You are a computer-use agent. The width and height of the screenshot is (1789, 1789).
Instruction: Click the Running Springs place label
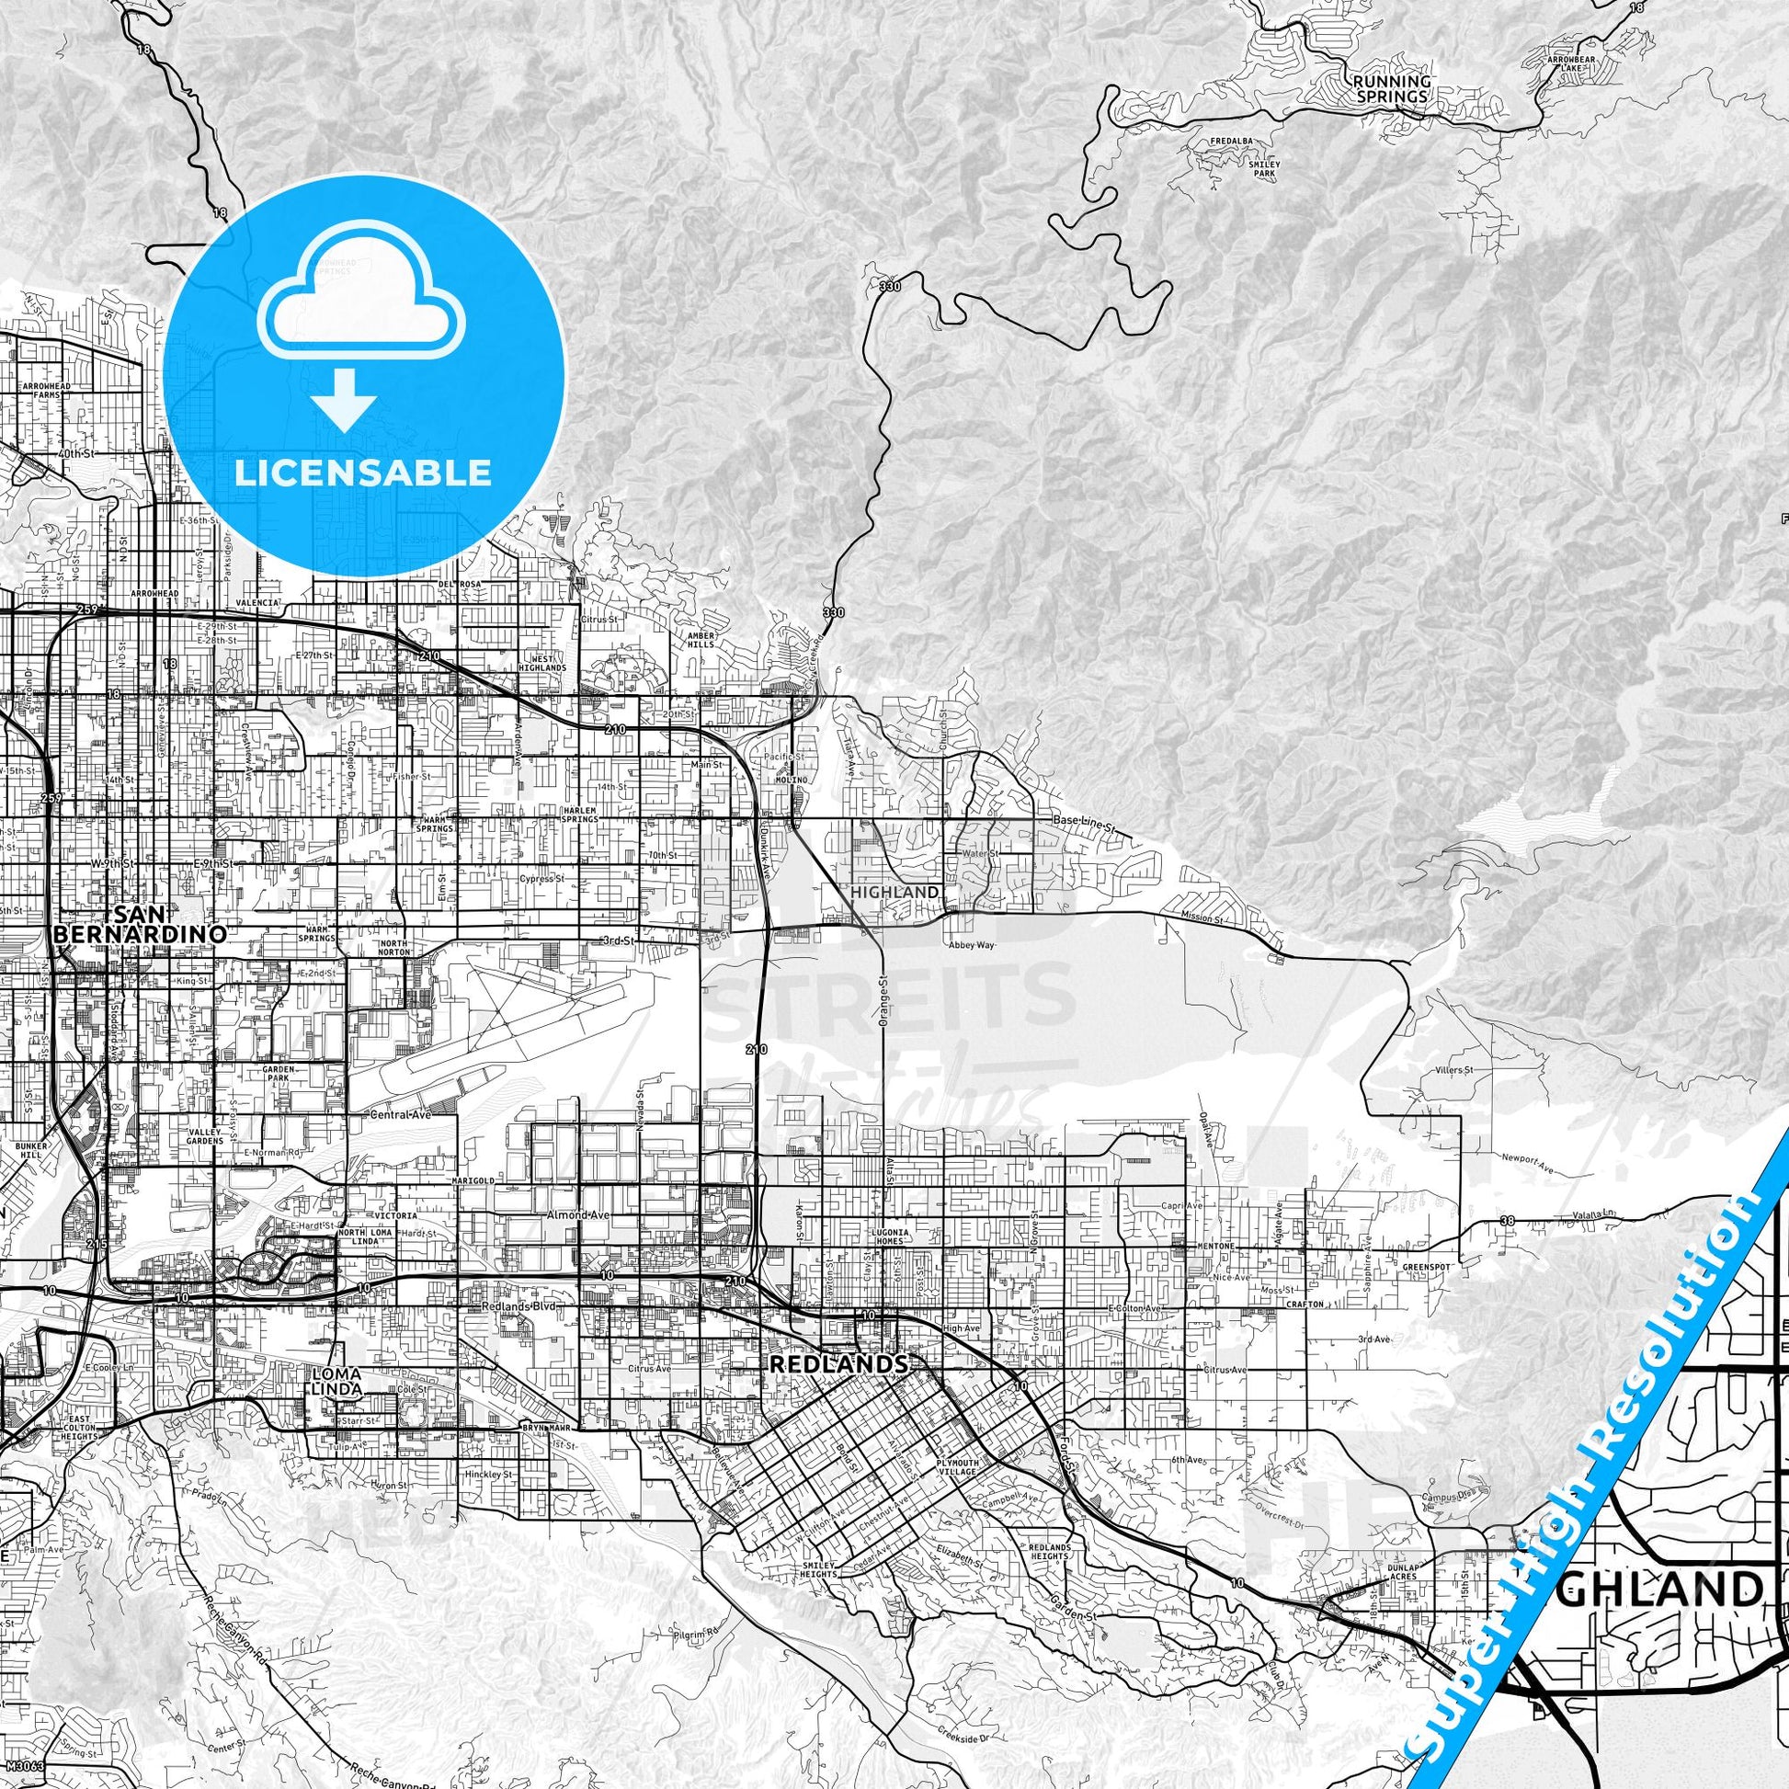[x=1392, y=88]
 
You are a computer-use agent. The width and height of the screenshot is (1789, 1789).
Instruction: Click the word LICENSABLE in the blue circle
[x=362, y=473]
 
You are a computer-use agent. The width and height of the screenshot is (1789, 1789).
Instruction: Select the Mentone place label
[x=1218, y=1246]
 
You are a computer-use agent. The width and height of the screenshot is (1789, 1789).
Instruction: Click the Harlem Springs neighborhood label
[x=580, y=814]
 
